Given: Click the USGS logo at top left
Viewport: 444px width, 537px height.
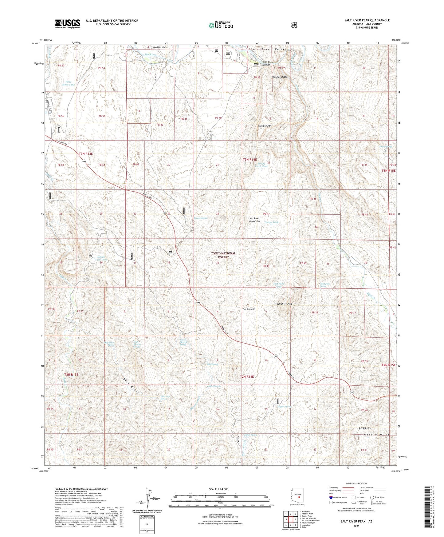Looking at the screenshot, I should point(67,24).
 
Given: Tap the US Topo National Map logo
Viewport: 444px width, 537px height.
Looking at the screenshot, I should point(220,25).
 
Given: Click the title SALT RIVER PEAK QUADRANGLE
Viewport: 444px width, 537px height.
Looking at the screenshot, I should point(367,20).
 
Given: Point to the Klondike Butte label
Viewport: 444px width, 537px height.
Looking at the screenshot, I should point(279,77).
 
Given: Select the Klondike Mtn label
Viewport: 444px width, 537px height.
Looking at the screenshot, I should point(265,126).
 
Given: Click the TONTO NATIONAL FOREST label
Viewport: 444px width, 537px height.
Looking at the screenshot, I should point(223,255).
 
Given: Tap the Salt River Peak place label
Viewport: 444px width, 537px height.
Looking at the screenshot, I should point(284,304).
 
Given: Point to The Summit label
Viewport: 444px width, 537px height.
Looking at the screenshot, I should point(248,309).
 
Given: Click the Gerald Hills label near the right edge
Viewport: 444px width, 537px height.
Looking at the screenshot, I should point(365,428).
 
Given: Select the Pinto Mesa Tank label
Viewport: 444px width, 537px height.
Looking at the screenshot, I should point(68,83).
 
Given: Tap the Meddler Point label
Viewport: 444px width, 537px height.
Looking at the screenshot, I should point(161,47).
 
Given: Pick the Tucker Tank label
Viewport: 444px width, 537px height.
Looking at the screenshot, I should point(271,222).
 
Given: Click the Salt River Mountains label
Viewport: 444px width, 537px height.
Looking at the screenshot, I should point(254,220).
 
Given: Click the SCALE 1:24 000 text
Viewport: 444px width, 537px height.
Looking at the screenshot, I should point(218,489).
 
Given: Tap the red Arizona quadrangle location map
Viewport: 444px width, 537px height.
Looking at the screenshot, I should point(297,496).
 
